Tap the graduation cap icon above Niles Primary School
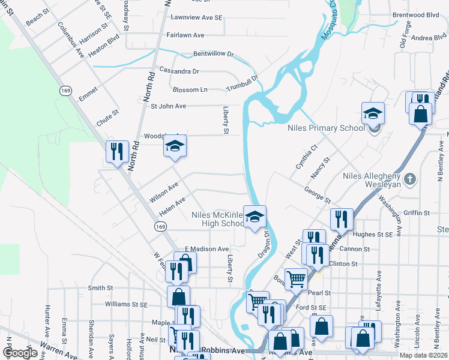pos(373,113)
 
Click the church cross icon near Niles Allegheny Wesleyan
pos(409,179)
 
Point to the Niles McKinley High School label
pos(215,219)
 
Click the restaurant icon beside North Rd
pos(117,151)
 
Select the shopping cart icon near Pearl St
pos(296,278)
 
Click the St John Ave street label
pos(168,106)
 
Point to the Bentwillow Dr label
pos(213,54)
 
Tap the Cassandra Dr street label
pos(178,71)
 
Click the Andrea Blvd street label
pos(429,38)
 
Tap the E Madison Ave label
pos(206,249)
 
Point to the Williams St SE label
pos(126,305)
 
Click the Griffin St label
pos(417,213)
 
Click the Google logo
pos(20,353)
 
